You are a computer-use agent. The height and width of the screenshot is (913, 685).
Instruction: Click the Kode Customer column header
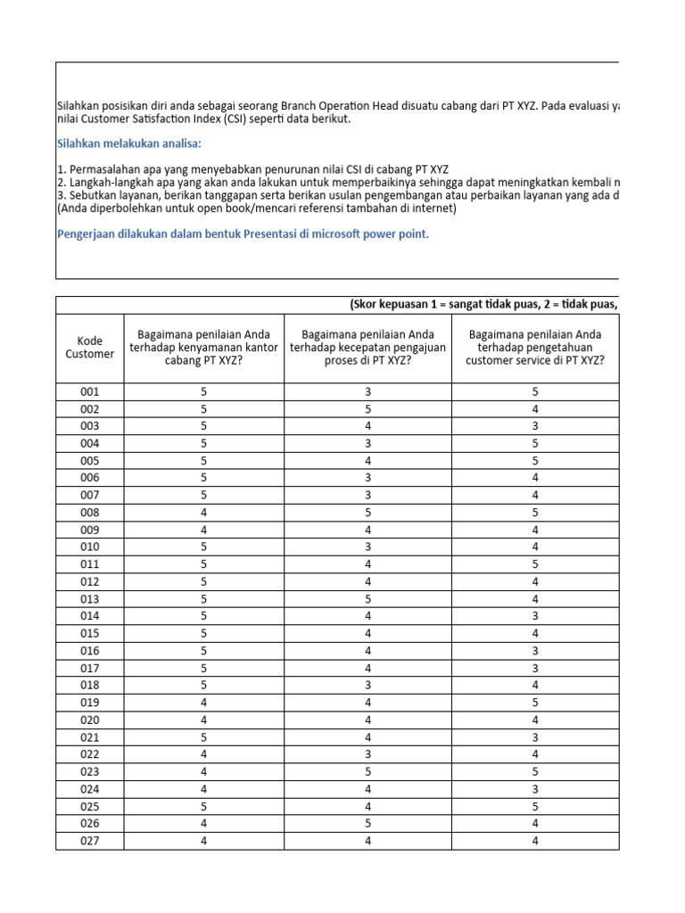click(89, 347)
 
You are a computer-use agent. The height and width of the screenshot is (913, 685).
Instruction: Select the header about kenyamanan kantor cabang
click(203, 347)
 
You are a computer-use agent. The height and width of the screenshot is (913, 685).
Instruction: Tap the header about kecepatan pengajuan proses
click(367, 347)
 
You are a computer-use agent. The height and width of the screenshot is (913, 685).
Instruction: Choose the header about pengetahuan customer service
click(534, 347)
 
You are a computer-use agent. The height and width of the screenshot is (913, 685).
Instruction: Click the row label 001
click(89, 392)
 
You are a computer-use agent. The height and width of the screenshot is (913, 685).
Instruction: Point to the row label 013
click(89, 599)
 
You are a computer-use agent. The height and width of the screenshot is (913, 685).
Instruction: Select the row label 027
click(89, 841)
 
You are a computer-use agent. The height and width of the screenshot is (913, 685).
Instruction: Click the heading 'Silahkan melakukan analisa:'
click(129, 143)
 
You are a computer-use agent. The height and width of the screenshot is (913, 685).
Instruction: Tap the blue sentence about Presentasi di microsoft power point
click(243, 234)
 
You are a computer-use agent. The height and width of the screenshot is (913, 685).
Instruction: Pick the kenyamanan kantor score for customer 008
click(203, 513)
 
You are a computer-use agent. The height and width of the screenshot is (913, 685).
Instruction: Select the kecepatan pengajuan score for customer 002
click(367, 409)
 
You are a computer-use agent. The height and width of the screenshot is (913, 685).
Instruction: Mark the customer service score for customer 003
click(534, 426)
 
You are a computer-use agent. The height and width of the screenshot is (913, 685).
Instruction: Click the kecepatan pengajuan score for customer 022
click(367, 754)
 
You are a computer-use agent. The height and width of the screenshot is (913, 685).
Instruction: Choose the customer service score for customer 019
click(534, 703)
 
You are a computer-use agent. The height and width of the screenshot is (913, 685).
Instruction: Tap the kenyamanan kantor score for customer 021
click(203, 737)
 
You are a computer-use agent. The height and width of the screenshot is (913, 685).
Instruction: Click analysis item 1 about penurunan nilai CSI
click(252, 169)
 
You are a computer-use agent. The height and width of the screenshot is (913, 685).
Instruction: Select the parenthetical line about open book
click(256, 208)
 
